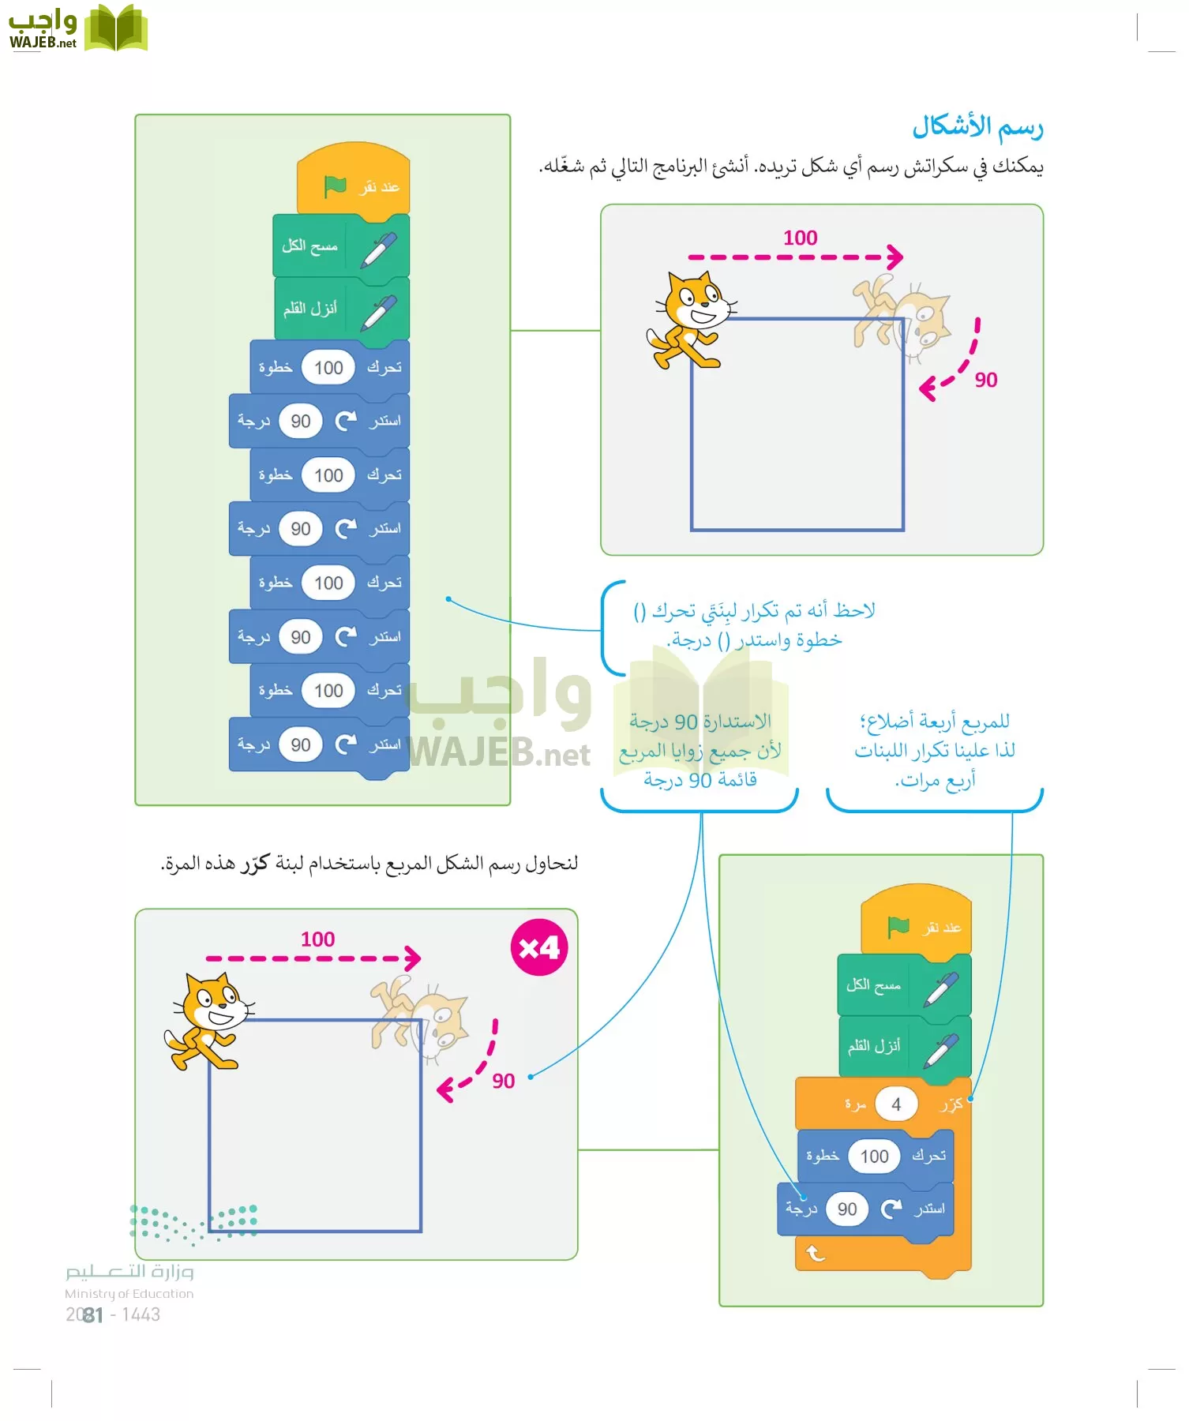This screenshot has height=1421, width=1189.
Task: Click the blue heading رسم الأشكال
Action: [977, 127]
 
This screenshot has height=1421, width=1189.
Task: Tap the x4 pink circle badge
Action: [539, 947]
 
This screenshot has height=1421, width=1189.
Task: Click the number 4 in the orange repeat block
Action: [895, 1104]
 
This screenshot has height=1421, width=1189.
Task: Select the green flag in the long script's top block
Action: [335, 186]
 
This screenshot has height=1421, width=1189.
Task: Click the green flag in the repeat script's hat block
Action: [898, 927]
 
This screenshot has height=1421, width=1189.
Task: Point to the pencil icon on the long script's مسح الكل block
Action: [379, 249]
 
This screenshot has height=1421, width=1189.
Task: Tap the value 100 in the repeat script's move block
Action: [874, 1157]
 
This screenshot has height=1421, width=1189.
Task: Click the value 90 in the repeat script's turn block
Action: [847, 1209]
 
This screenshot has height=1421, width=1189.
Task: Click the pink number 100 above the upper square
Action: [800, 238]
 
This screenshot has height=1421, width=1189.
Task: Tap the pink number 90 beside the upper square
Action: [985, 381]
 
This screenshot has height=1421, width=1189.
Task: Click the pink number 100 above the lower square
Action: [317, 939]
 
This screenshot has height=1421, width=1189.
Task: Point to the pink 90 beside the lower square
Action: [503, 1082]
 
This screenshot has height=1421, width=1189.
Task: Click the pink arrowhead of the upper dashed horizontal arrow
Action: [895, 257]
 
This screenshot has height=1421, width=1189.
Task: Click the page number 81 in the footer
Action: [93, 1314]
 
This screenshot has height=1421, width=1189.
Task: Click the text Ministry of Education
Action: [129, 1294]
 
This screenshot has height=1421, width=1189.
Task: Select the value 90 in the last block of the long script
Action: [300, 744]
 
